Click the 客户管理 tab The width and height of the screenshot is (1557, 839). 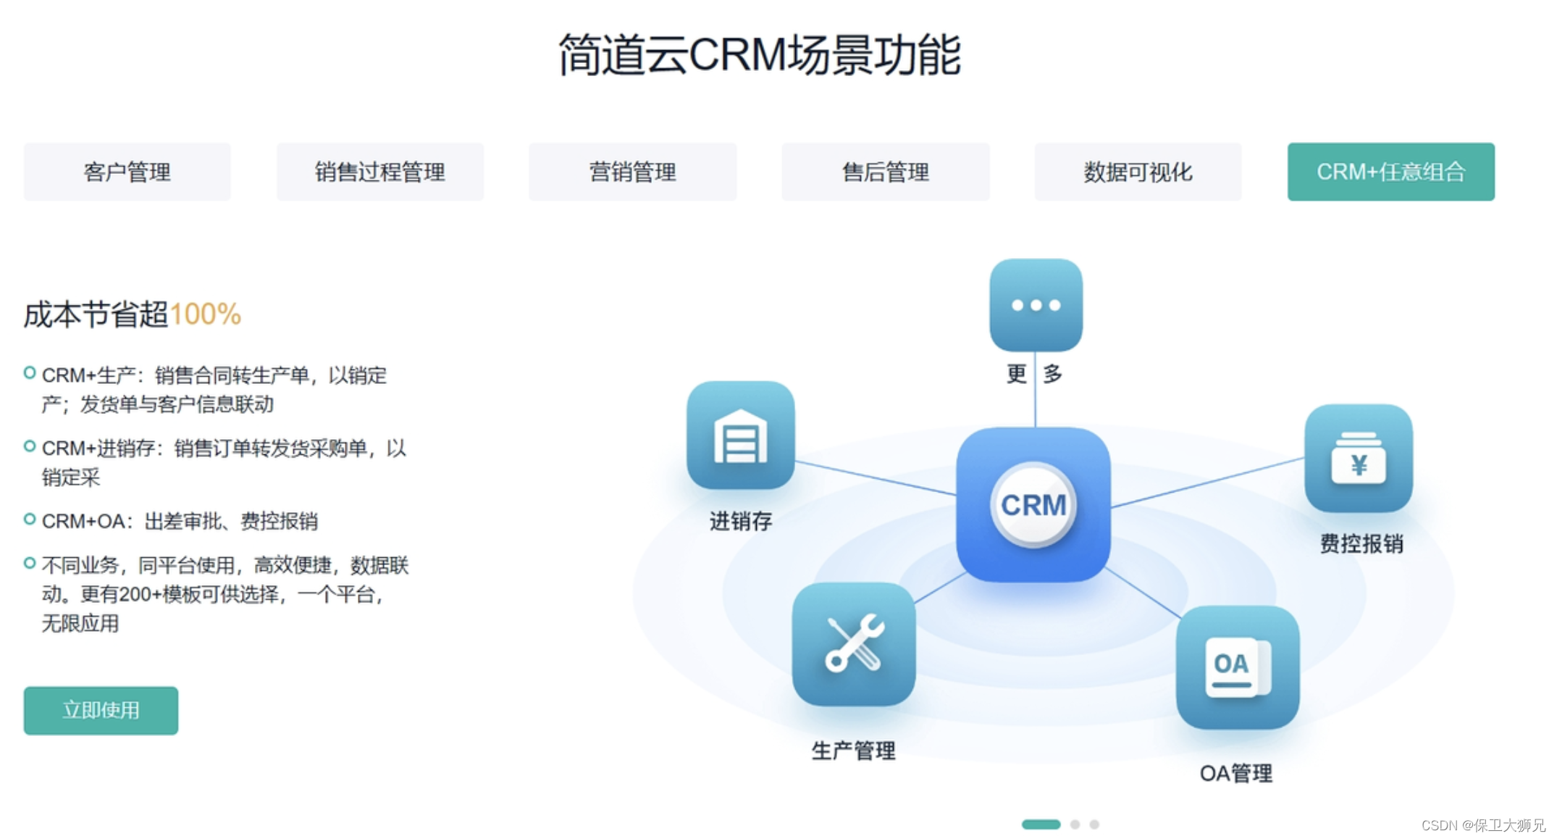pos(127,172)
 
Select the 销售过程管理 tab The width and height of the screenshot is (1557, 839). pos(379,172)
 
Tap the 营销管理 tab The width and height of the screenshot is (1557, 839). pos(632,172)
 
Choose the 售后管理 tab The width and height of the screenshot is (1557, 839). pos(885,172)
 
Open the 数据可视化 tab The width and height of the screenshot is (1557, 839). pos(1138,172)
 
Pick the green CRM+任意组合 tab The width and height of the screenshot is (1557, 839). pos(1390,172)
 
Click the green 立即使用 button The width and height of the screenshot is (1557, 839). pos(101,710)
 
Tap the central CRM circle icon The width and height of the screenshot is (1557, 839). pos(1033,504)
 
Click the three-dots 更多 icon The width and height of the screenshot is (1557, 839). pos(1036,305)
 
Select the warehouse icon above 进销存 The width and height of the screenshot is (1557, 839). pos(740,435)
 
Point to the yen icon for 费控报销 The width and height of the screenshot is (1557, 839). pos(1358,459)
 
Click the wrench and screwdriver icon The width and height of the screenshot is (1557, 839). pos(854,643)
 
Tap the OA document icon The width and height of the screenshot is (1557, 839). pos(1237,667)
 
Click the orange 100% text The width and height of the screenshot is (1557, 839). pos(205,314)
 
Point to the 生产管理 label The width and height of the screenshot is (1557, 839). pos(853,751)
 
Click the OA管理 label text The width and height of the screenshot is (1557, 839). pos(1235,774)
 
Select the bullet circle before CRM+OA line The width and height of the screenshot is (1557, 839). pos(30,519)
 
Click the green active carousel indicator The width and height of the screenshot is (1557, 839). pos(1041,825)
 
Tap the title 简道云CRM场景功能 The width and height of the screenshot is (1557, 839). pos(760,55)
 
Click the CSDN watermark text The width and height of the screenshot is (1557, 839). pos(1482,825)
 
